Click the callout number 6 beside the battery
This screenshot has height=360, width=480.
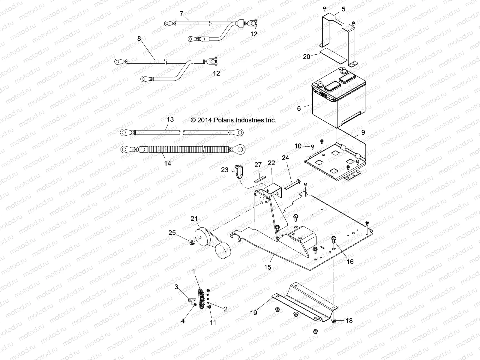299,108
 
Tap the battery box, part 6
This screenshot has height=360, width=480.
339,102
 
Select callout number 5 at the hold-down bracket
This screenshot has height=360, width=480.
343,9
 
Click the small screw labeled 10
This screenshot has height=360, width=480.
312,146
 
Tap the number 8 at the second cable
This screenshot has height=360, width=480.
139,38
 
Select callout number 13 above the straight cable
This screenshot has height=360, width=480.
170,119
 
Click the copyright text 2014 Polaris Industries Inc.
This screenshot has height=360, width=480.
233,120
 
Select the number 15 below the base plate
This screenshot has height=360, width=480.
268,267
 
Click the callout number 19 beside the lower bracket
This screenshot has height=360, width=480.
253,313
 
